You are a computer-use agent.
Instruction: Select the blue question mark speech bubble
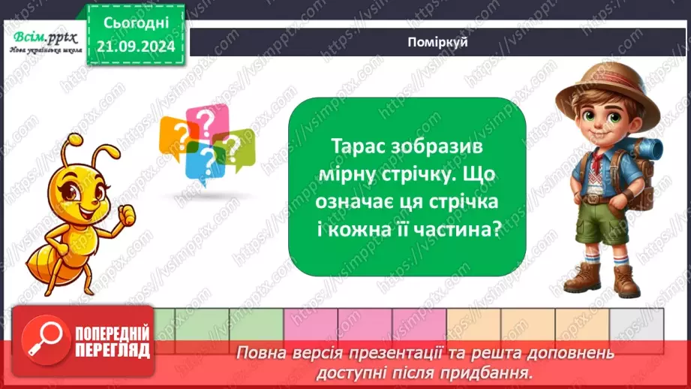pos(200,161)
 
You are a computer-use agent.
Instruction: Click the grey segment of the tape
pos(635,324)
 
